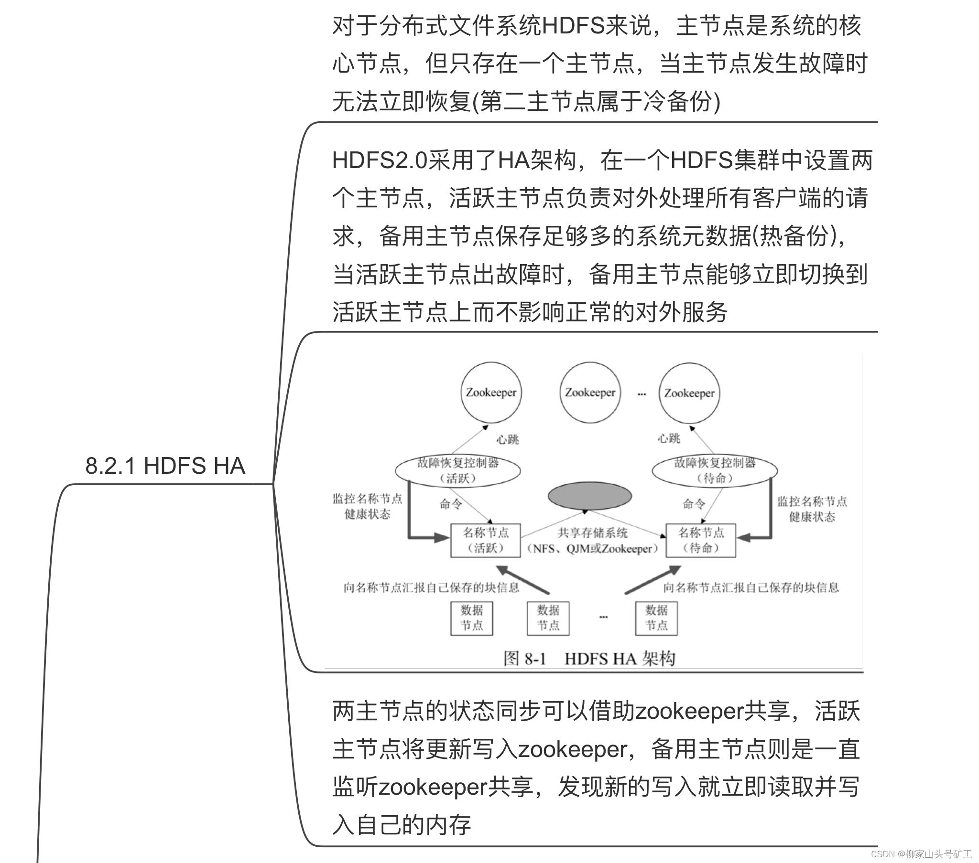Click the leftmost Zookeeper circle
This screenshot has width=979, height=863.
pos(491,393)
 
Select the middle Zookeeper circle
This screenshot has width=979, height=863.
pos(590,393)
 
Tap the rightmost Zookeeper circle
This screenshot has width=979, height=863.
pos(689,393)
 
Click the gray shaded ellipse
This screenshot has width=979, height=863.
pos(589,495)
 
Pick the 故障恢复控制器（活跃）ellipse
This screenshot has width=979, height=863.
pos(457,470)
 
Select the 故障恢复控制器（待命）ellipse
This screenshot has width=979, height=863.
pos(714,470)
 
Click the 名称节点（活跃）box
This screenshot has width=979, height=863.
pos(485,540)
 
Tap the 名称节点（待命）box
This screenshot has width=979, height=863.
pos(701,540)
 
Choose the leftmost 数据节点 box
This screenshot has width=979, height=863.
pos(472,618)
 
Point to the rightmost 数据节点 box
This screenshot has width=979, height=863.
pos(656,618)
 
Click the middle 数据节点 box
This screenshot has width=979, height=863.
pos(548,618)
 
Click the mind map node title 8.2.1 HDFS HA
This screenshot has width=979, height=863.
pos(165,466)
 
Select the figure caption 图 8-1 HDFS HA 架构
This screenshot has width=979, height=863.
pos(589,659)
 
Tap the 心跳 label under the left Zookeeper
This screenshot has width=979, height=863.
pos(507,439)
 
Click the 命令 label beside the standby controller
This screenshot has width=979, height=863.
pos(694,503)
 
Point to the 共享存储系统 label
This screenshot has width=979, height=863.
pos(592,533)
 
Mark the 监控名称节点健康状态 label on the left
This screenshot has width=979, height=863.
pos(368,506)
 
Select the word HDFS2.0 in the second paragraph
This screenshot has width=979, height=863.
pos(380,160)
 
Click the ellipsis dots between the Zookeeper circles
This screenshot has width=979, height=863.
pos(642,394)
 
